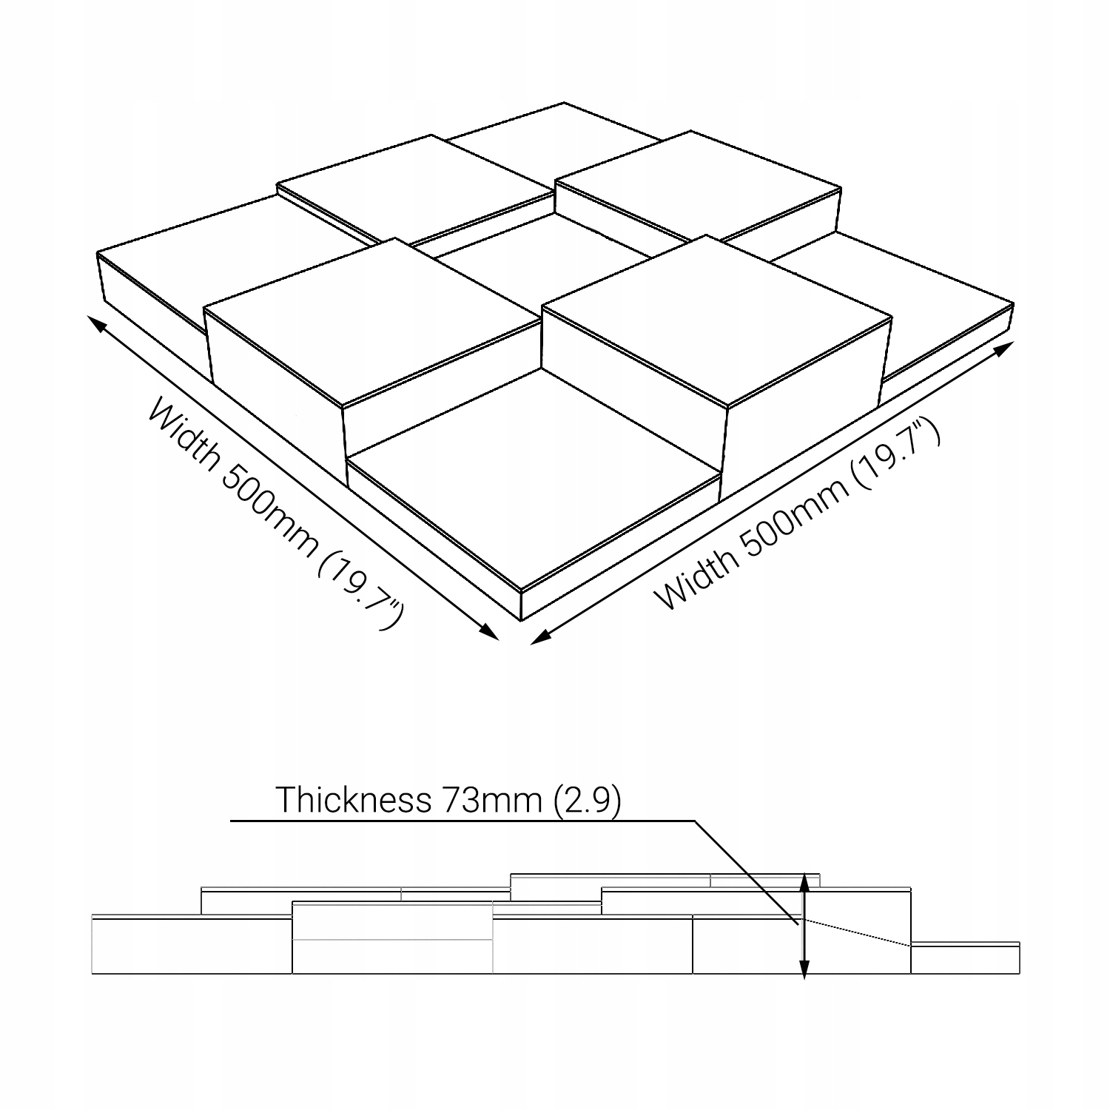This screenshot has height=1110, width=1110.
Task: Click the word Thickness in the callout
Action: tap(352, 799)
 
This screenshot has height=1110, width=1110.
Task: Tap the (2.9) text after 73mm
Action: tap(587, 799)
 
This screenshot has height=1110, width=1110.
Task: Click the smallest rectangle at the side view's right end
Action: tap(965, 959)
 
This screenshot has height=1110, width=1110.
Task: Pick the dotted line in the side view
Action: tap(858, 933)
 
